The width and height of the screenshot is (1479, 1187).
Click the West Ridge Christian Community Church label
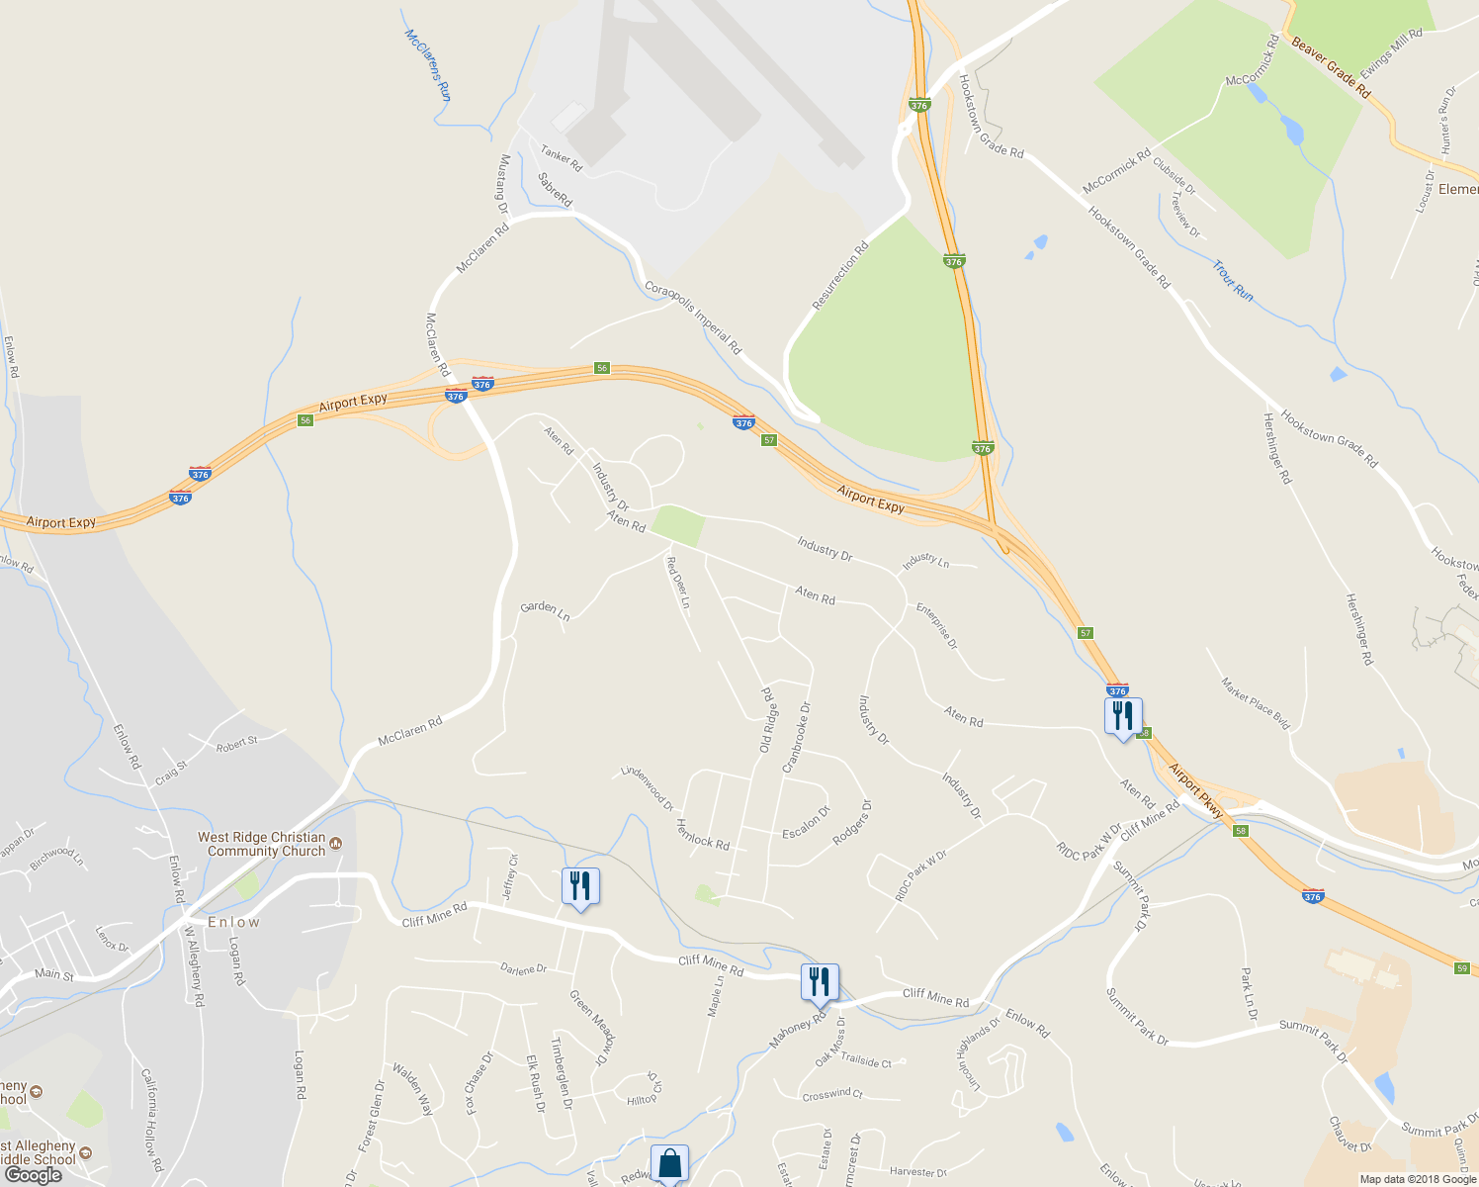262,844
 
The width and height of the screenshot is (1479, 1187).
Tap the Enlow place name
234,922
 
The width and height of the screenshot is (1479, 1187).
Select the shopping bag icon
669,1163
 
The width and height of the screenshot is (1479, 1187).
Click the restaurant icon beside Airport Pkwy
1122,715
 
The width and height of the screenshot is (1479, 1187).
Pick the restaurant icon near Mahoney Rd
820,982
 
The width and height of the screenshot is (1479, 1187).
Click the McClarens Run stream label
428,64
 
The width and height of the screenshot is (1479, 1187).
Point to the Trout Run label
1233,281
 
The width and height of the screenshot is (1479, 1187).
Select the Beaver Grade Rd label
1331,68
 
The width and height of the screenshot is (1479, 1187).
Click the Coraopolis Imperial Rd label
692,318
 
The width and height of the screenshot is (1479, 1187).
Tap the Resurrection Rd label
839,276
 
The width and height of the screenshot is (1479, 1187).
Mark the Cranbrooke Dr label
796,737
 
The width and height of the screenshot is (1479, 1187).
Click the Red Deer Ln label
678,583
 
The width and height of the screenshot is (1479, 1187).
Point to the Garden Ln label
545,611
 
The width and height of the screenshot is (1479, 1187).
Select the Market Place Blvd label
1256,704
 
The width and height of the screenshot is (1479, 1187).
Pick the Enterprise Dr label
936,625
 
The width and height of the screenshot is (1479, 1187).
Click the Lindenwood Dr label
647,787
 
